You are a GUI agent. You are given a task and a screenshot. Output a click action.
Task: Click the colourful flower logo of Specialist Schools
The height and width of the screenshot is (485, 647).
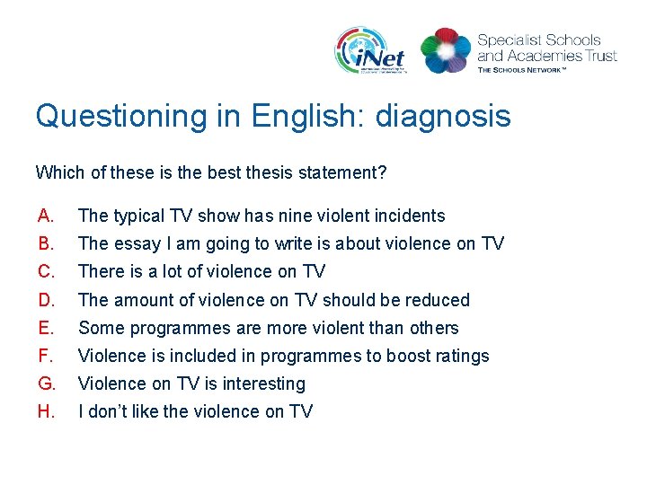446,50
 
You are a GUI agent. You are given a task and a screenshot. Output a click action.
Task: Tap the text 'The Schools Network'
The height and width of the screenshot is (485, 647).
522,69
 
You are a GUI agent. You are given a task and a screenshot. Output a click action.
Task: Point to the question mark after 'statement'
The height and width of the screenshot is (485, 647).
382,172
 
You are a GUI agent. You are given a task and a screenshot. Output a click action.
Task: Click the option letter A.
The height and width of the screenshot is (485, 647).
46,216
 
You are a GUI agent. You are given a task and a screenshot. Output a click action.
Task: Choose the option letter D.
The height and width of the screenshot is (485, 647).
46,300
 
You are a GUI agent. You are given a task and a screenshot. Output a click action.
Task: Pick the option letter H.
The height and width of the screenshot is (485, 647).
46,411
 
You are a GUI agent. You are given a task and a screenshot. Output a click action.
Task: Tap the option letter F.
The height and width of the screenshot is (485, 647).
46,356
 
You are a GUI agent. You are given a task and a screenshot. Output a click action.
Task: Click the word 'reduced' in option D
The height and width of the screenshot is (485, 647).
439,300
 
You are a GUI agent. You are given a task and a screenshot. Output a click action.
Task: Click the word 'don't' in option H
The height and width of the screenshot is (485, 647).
109,411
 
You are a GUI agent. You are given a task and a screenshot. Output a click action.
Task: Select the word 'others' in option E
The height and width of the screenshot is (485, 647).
433,328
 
